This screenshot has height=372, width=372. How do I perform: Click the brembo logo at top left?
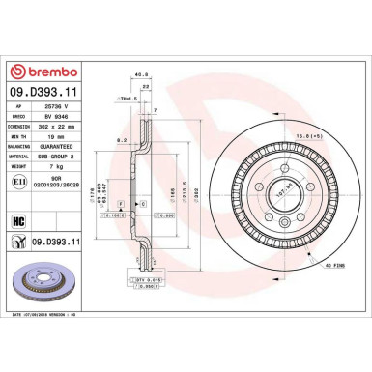click(48, 72)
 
